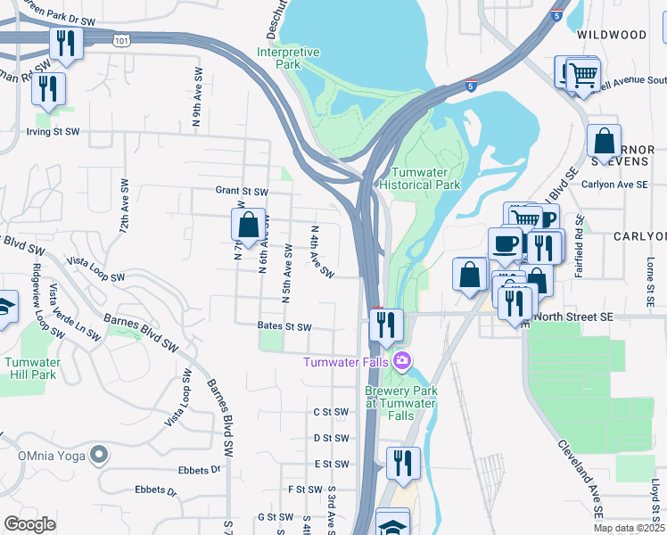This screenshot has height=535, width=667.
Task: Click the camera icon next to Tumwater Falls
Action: click(x=403, y=360)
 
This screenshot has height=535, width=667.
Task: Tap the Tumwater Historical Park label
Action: click(x=425, y=178)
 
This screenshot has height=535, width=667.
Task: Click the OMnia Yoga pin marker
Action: click(x=100, y=455)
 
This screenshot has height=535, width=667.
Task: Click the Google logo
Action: click(x=29, y=523)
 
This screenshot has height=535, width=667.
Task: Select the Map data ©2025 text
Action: click(x=628, y=528)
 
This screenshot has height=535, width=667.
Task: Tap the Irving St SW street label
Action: click(x=53, y=131)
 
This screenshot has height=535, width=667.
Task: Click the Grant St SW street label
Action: click(x=242, y=191)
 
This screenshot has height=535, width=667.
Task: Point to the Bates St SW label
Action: click(x=284, y=327)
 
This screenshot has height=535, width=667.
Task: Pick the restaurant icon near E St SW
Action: click(x=403, y=463)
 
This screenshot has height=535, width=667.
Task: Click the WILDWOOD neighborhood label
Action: click(x=612, y=35)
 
